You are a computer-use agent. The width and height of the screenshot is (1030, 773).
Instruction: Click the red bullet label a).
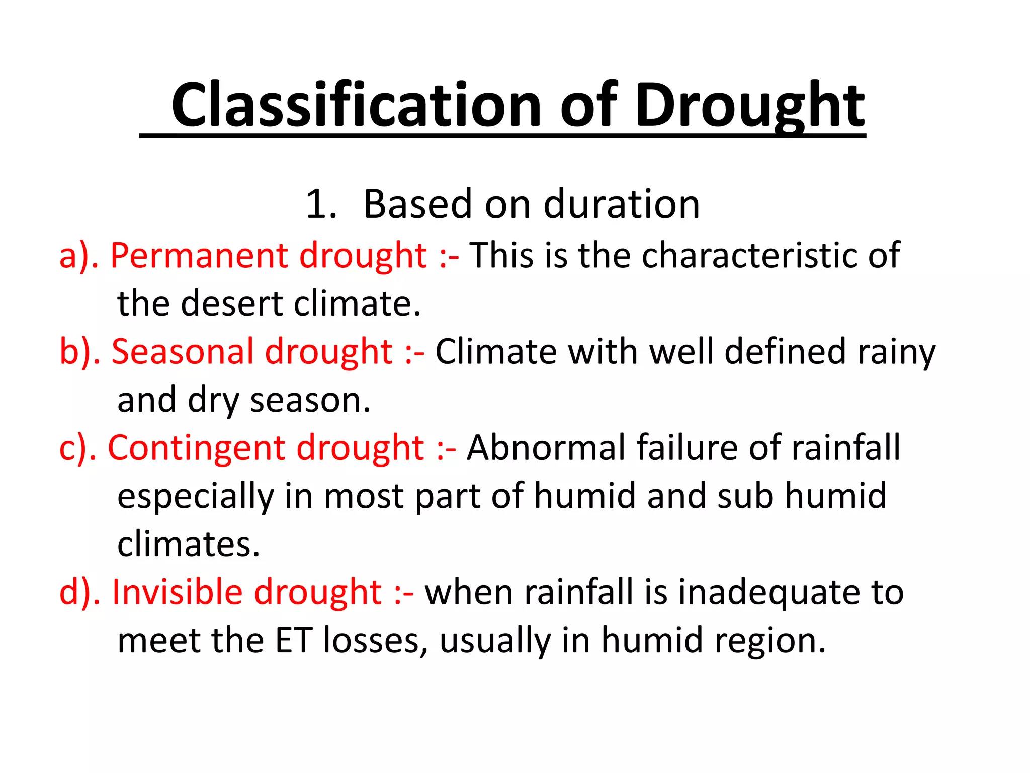point(75,255)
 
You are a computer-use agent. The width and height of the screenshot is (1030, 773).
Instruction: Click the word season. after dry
point(310,400)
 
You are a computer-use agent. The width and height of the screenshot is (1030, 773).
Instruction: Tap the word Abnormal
point(546,448)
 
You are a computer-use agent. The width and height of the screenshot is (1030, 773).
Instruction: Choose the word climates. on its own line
point(188,545)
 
